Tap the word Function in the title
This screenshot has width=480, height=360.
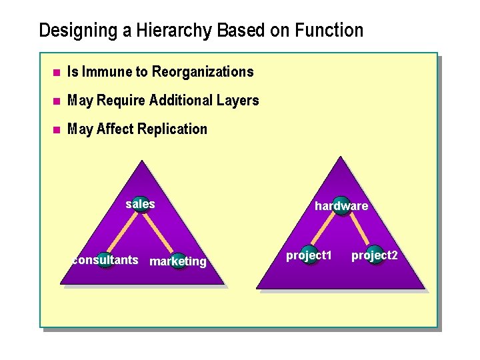click(x=331, y=31)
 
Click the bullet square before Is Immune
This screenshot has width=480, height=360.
click(x=57, y=72)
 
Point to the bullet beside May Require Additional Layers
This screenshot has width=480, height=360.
click(x=57, y=101)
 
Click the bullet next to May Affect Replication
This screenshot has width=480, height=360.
click(x=57, y=129)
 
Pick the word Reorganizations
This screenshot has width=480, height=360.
click(x=203, y=71)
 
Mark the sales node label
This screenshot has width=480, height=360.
click(x=140, y=204)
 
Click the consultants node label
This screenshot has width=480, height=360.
click(x=105, y=260)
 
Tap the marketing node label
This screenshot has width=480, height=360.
click(x=178, y=261)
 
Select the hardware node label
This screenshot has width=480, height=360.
click(x=341, y=206)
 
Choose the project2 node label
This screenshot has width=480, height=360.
click(x=375, y=255)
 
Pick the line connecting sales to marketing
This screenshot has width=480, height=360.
click(x=159, y=233)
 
